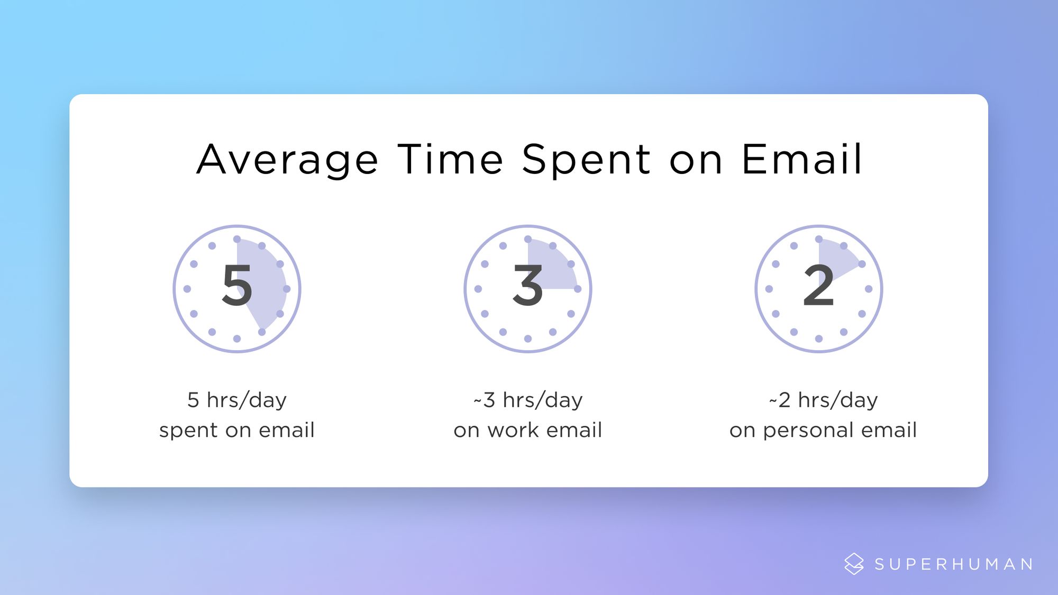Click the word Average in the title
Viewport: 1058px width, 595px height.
pos(287,160)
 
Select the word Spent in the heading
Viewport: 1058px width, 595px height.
pos(586,160)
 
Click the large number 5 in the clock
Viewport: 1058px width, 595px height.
pos(237,286)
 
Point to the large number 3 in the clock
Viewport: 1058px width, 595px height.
pos(528,286)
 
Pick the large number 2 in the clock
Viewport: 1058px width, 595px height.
pos(818,286)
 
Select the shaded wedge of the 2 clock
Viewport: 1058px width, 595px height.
pos(836,257)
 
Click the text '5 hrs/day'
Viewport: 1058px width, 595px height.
pos(237,400)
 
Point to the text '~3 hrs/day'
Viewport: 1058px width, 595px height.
pos(528,400)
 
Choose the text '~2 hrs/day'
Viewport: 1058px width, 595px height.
pos(823,400)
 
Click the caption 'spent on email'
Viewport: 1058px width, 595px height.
pos(237,431)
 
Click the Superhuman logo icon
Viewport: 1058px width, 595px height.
pos(854,564)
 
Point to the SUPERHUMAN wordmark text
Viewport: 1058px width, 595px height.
pos(954,564)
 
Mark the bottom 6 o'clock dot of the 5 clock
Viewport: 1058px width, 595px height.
pos(237,338)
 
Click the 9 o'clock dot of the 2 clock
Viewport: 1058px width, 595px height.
pos(769,289)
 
